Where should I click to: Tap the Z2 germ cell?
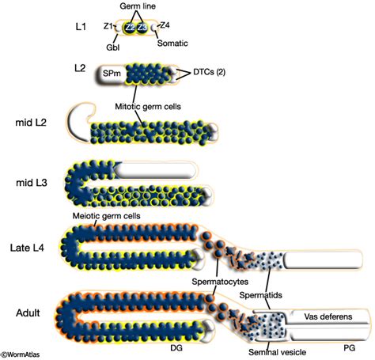point(130,28)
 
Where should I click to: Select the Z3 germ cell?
point(142,28)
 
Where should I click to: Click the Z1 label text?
point(108,25)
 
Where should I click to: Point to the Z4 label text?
point(165,25)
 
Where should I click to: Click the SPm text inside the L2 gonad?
point(111,73)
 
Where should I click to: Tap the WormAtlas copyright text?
point(25,354)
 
